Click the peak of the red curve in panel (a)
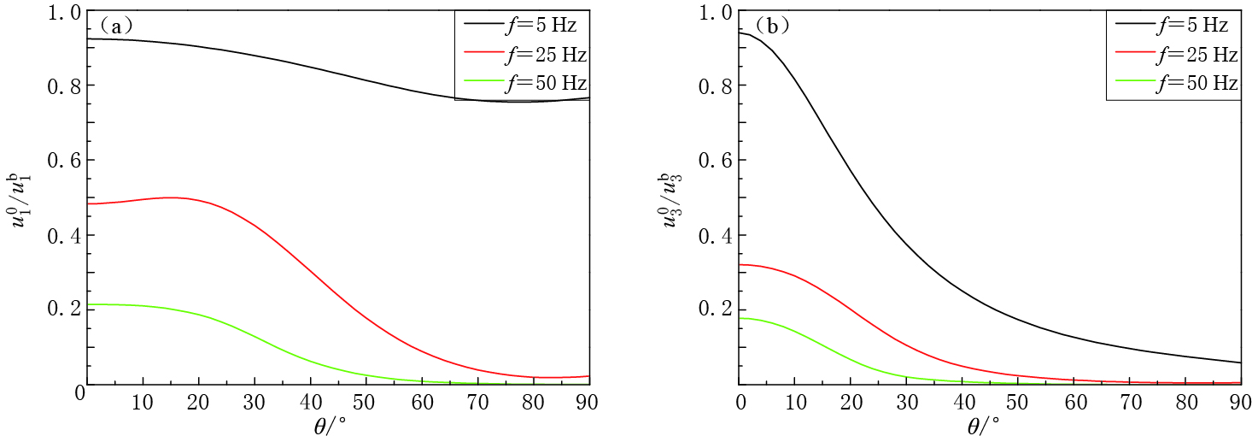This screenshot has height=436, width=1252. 171,197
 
